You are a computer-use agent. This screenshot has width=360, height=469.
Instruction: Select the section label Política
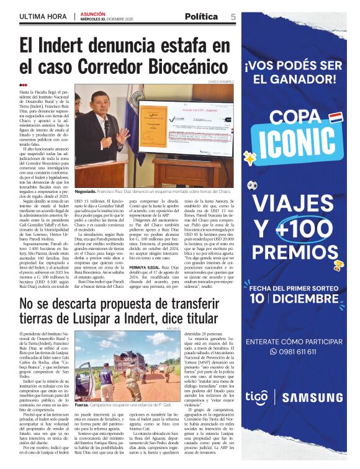click(202, 16)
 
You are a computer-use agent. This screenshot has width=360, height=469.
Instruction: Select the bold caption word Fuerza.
click(82, 404)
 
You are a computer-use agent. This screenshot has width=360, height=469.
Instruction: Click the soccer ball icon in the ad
click(252, 185)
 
